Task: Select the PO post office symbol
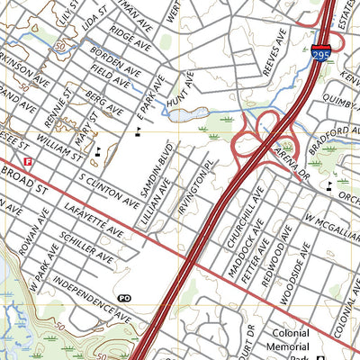pyautogui.click(x=124, y=298)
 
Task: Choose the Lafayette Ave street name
pyautogui.click(x=94, y=220)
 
